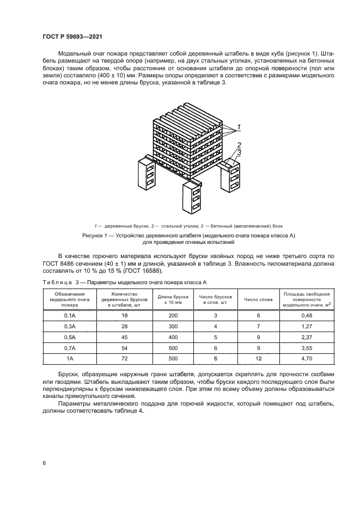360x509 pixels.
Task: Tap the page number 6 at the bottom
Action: tap(44, 463)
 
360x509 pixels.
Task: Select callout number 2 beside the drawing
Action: tap(238, 145)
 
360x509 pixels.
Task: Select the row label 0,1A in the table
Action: tap(69, 316)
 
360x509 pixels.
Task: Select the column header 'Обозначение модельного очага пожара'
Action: tap(69, 299)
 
